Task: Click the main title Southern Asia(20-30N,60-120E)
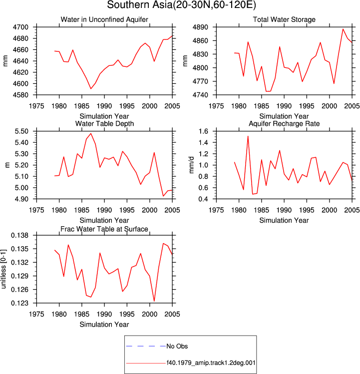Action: point(181,5)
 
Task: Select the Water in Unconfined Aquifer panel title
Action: point(104,19)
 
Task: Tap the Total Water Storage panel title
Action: point(284,19)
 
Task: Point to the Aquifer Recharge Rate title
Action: point(284,123)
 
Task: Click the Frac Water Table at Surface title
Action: point(104,229)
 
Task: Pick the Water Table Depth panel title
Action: point(104,123)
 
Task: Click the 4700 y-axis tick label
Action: point(20,27)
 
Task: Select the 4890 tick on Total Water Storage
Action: point(200,27)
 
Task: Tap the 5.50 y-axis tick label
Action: point(21,131)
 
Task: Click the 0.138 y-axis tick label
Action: point(19,235)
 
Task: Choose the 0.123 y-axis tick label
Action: point(19,303)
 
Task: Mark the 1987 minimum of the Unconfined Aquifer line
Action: point(91,89)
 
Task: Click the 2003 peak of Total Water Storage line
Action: point(343,29)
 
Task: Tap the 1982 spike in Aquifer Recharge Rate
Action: point(248,136)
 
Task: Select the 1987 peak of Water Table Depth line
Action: point(91,133)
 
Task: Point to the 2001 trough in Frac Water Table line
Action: point(154,301)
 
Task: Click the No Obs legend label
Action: point(177,346)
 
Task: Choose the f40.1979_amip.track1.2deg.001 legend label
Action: point(211,363)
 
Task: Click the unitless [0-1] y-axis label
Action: point(3,269)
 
